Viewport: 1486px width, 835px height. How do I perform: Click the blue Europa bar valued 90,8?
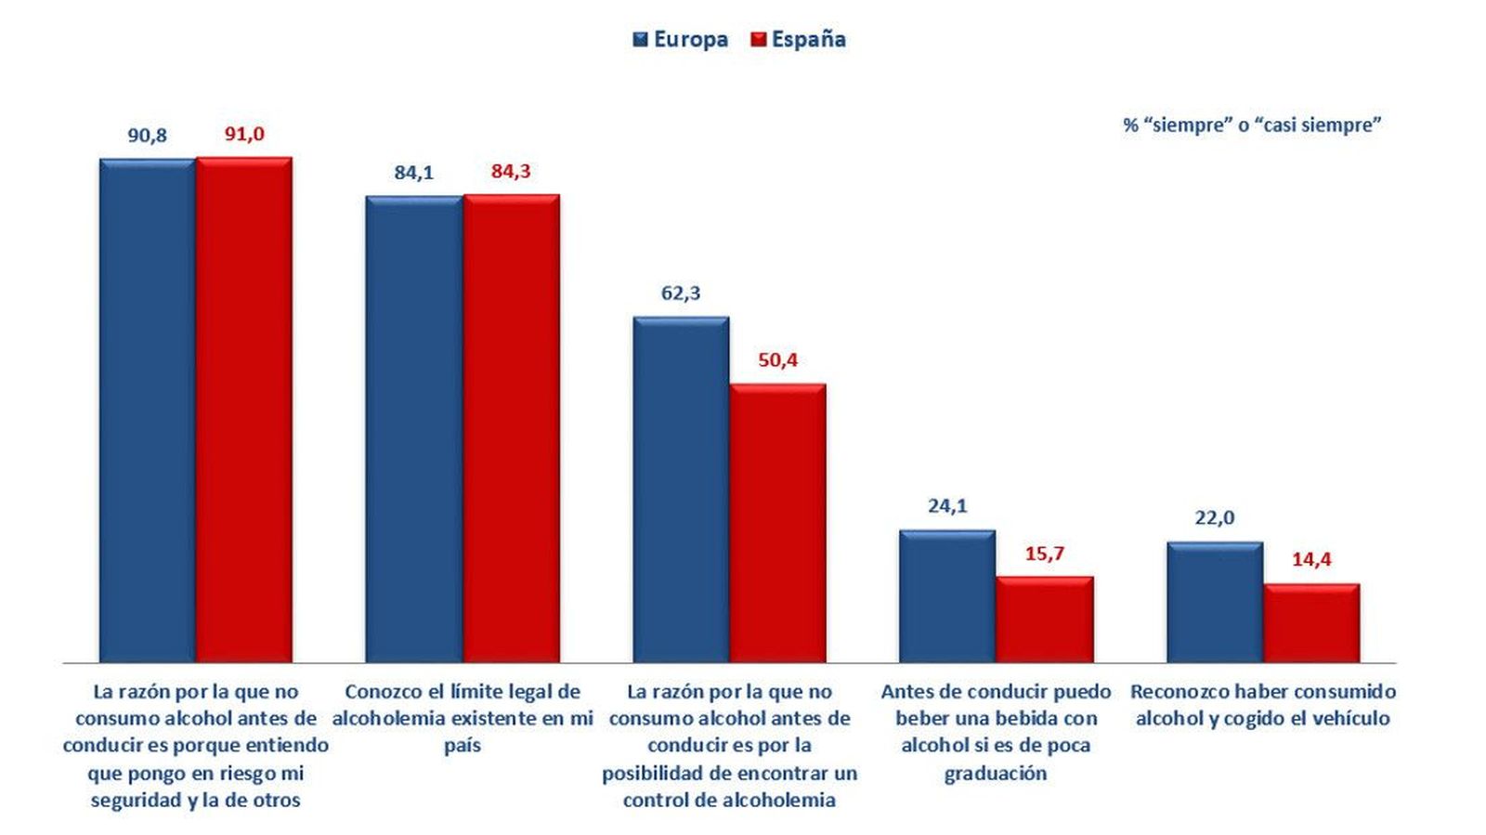(147, 409)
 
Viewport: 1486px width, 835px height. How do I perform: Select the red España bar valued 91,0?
(243, 409)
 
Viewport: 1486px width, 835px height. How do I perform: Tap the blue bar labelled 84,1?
(413, 427)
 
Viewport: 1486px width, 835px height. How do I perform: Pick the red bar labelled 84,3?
(511, 427)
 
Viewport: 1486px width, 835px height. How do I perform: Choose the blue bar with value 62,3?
(681, 489)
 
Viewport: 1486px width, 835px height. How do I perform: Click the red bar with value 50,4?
(777, 522)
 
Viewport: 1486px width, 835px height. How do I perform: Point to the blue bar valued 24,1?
(946, 595)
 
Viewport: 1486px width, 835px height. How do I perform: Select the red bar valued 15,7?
(1044, 619)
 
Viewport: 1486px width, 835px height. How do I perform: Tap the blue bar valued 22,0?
(1214, 601)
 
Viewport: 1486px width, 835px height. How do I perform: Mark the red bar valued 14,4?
(1311, 622)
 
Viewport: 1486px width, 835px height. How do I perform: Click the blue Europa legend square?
(641, 40)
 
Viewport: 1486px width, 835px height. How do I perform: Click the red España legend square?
(759, 40)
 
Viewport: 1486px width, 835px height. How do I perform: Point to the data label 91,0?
(244, 135)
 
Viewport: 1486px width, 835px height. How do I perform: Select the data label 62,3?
(681, 294)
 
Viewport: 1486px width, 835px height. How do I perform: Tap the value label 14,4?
(1311, 559)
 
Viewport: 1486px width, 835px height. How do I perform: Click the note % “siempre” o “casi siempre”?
(1252, 125)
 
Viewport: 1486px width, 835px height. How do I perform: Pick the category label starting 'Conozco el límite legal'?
(463, 718)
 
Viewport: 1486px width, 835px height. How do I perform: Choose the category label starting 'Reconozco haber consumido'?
(1263, 705)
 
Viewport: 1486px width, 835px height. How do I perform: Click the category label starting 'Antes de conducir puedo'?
(996, 732)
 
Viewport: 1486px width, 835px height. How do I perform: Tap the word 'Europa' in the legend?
(691, 40)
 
